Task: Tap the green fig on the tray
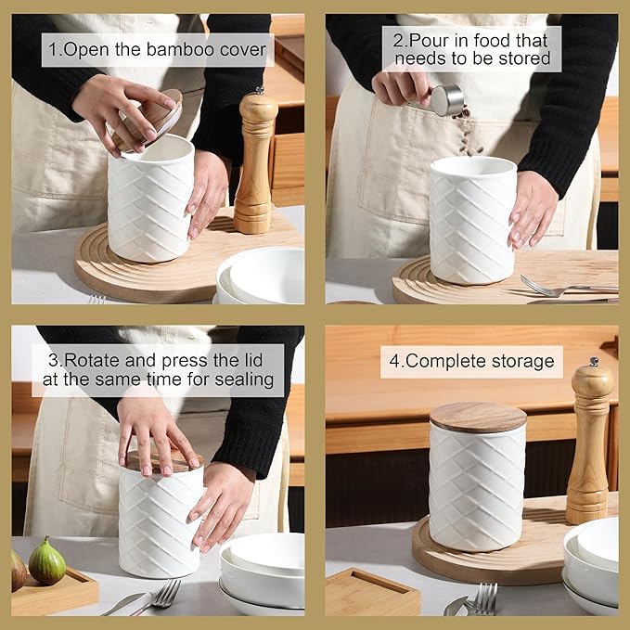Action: click(47, 561)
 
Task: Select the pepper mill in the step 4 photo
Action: click(590, 441)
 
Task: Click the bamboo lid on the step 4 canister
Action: click(478, 417)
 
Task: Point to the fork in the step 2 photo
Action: click(569, 288)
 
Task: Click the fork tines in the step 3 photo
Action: click(167, 592)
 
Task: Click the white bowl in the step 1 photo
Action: click(261, 276)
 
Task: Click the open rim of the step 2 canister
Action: click(473, 165)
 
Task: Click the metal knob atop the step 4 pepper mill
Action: click(594, 361)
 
